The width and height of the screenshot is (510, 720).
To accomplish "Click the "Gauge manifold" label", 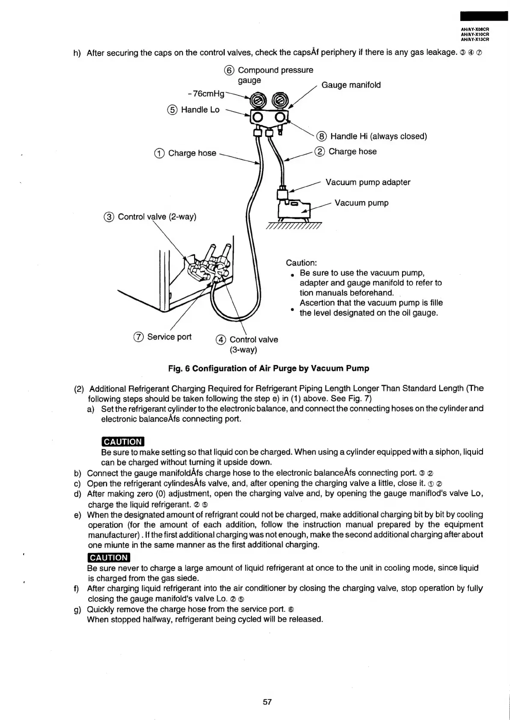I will pyautogui.click(x=351, y=85).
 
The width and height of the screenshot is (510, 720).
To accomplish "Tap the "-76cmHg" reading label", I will pyautogui.click(x=206, y=93).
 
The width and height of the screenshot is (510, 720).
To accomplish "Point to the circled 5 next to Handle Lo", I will pyautogui.click(x=172, y=110).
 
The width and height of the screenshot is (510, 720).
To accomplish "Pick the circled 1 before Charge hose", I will pyautogui.click(x=159, y=153).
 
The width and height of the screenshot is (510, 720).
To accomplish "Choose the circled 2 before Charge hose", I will pyautogui.click(x=319, y=151).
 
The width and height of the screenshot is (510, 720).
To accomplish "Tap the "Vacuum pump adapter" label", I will pyautogui.click(x=367, y=182).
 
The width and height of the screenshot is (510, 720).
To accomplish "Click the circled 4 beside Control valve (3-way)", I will pyautogui.click(x=221, y=340).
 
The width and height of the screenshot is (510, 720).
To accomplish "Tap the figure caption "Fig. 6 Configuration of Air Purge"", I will pyautogui.click(x=268, y=368).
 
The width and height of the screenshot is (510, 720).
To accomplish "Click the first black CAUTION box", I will pyautogui.click(x=122, y=441).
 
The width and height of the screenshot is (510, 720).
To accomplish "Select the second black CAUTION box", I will pyautogui.click(x=108, y=557).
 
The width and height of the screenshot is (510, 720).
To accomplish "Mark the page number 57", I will pyautogui.click(x=267, y=702).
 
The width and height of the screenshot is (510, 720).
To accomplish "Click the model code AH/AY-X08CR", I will pyautogui.click(x=475, y=30).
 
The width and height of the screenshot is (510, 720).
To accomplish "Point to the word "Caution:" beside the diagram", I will pyautogui.click(x=301, y=263).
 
